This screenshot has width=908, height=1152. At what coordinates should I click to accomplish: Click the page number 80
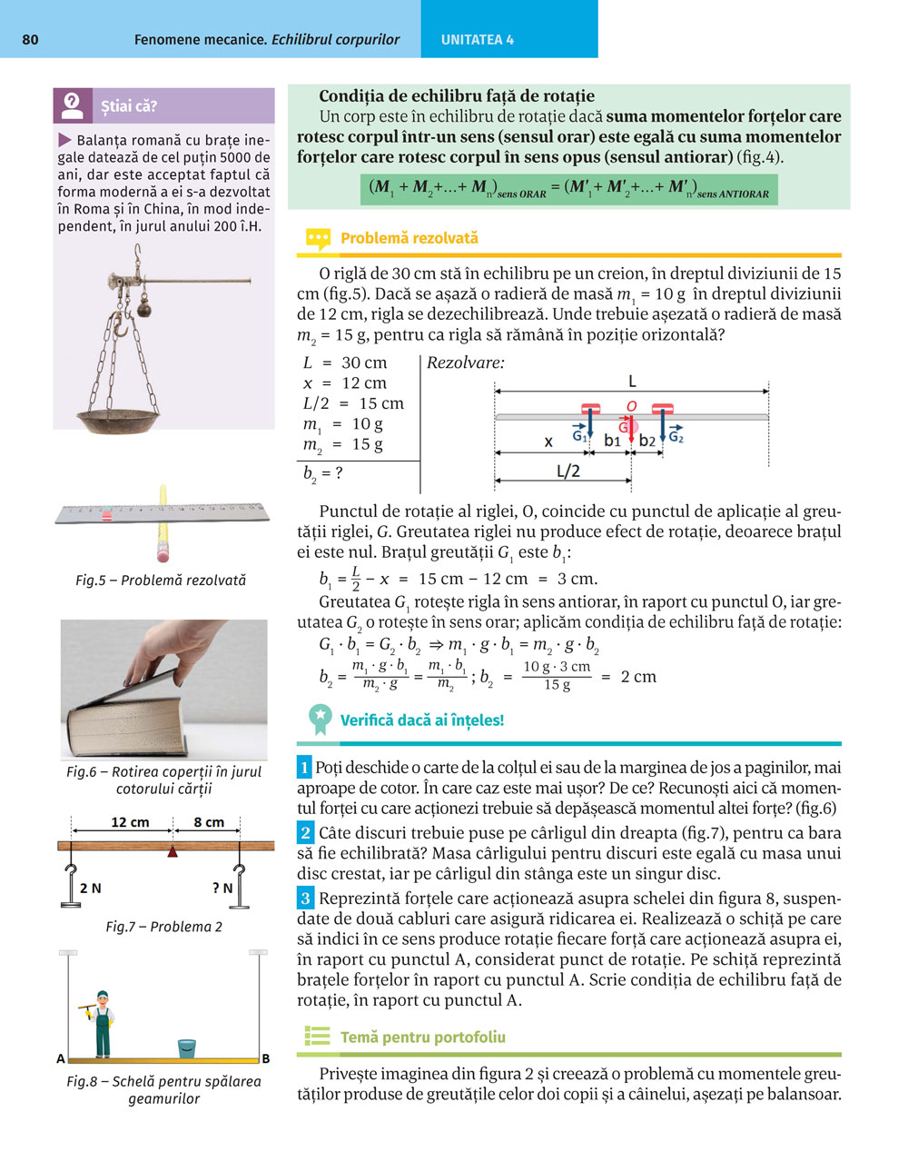click(30, 40)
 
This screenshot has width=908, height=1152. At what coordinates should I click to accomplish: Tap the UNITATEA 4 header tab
click(477, 40)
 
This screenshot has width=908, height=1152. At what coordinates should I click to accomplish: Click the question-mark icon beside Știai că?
click(73, 105)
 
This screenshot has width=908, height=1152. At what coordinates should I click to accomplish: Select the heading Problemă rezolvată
click(409, 239)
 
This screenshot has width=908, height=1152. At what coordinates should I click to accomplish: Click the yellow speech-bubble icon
click(318, 239)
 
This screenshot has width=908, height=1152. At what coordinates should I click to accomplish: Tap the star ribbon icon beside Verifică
click(320, 719)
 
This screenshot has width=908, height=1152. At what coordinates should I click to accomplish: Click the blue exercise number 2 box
click(306, 832)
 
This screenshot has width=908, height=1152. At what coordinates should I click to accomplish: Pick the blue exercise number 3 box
click(306, 899)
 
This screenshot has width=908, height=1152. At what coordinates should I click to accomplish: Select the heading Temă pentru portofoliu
click(422, 1037)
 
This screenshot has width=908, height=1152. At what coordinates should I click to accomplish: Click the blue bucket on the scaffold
click(187, 1048)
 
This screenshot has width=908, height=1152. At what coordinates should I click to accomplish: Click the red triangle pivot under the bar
click(172, 851)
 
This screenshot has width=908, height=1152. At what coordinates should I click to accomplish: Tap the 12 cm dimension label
click(130, 822)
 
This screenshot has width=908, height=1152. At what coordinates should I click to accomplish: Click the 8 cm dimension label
click(209, 822)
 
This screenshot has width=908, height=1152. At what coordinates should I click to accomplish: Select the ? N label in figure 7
click(222, 888)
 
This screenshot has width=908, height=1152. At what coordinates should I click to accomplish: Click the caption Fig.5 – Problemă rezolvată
click(161, 580)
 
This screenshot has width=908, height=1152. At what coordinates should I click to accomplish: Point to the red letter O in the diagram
click(631, 406)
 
